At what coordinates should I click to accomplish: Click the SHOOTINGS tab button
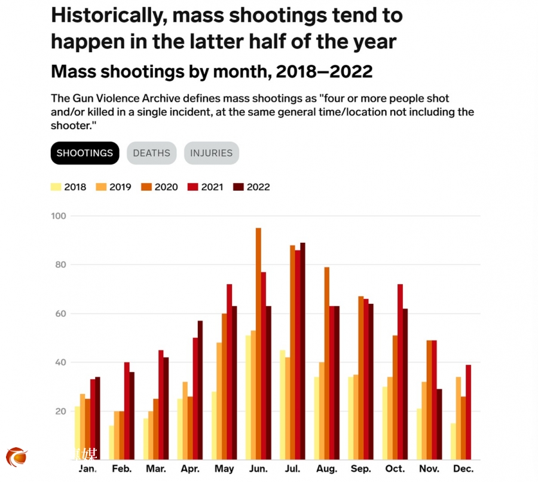(x=84, y=153)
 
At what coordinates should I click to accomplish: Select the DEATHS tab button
(x=151, y=153)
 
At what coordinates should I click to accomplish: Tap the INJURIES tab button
(x=211, y=153)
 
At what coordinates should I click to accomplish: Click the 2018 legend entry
(x=69, y=187)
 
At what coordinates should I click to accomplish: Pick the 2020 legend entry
(x=160, y=187)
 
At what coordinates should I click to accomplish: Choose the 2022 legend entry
(x=252, y=187)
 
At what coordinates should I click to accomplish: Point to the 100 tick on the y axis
(x=59, y=216)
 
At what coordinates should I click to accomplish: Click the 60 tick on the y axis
(x=59, y=313)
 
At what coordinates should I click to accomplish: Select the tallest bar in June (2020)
(x=258, y=344)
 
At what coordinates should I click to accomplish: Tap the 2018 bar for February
(x=111, y=443)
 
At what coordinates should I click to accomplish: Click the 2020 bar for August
(x=327, y=363)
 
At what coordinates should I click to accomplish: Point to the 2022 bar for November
(x=440, y=425)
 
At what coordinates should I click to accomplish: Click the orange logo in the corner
(x=17, y=457)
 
